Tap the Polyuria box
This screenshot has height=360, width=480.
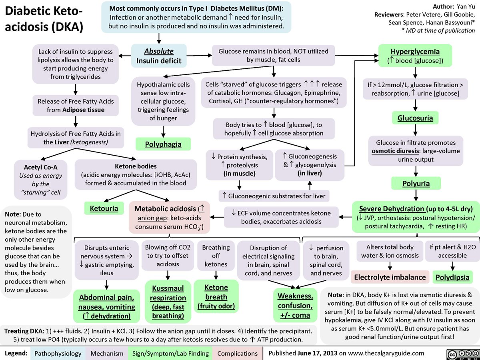(416, 184)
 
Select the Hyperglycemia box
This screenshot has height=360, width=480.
(415, 56)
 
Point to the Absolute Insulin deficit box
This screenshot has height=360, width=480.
(159, 56)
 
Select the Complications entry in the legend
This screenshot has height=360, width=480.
(237, 354)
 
